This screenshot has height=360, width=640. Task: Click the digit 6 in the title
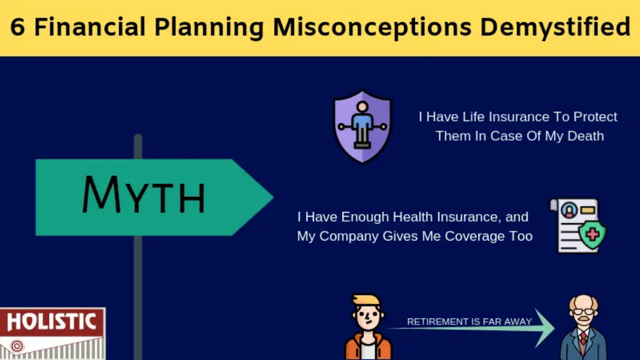pyautogui.click(x=17, y=26)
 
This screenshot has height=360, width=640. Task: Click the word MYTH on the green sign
pyautogui.click(x=143, y=195)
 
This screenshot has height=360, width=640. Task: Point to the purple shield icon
pyautogui.click(x=362, y=126)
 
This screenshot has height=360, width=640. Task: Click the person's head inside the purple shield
pyautogui.click(x=362, y=107)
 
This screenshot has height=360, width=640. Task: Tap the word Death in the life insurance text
pyautogui.click(x=585, y=136)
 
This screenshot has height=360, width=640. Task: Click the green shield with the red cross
pyautogui.click(x=592, y=234)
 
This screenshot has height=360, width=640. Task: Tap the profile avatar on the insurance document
pyautogui.click(x=569, y=210)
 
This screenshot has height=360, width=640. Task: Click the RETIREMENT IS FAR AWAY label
pyautogui.click(x=469, y=321)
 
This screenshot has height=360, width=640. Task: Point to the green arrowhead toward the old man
pyautogui.click(x=545, y=328)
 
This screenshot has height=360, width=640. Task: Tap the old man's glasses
pyautogui.click(x=583, y=311)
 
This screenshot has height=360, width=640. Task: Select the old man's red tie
pyautogui.click(x=583, y=338)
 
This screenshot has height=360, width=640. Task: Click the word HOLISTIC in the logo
pyautogui.click(x=51, y=321)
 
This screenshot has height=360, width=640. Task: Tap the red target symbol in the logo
pyautogui.click(x=17, y=346)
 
